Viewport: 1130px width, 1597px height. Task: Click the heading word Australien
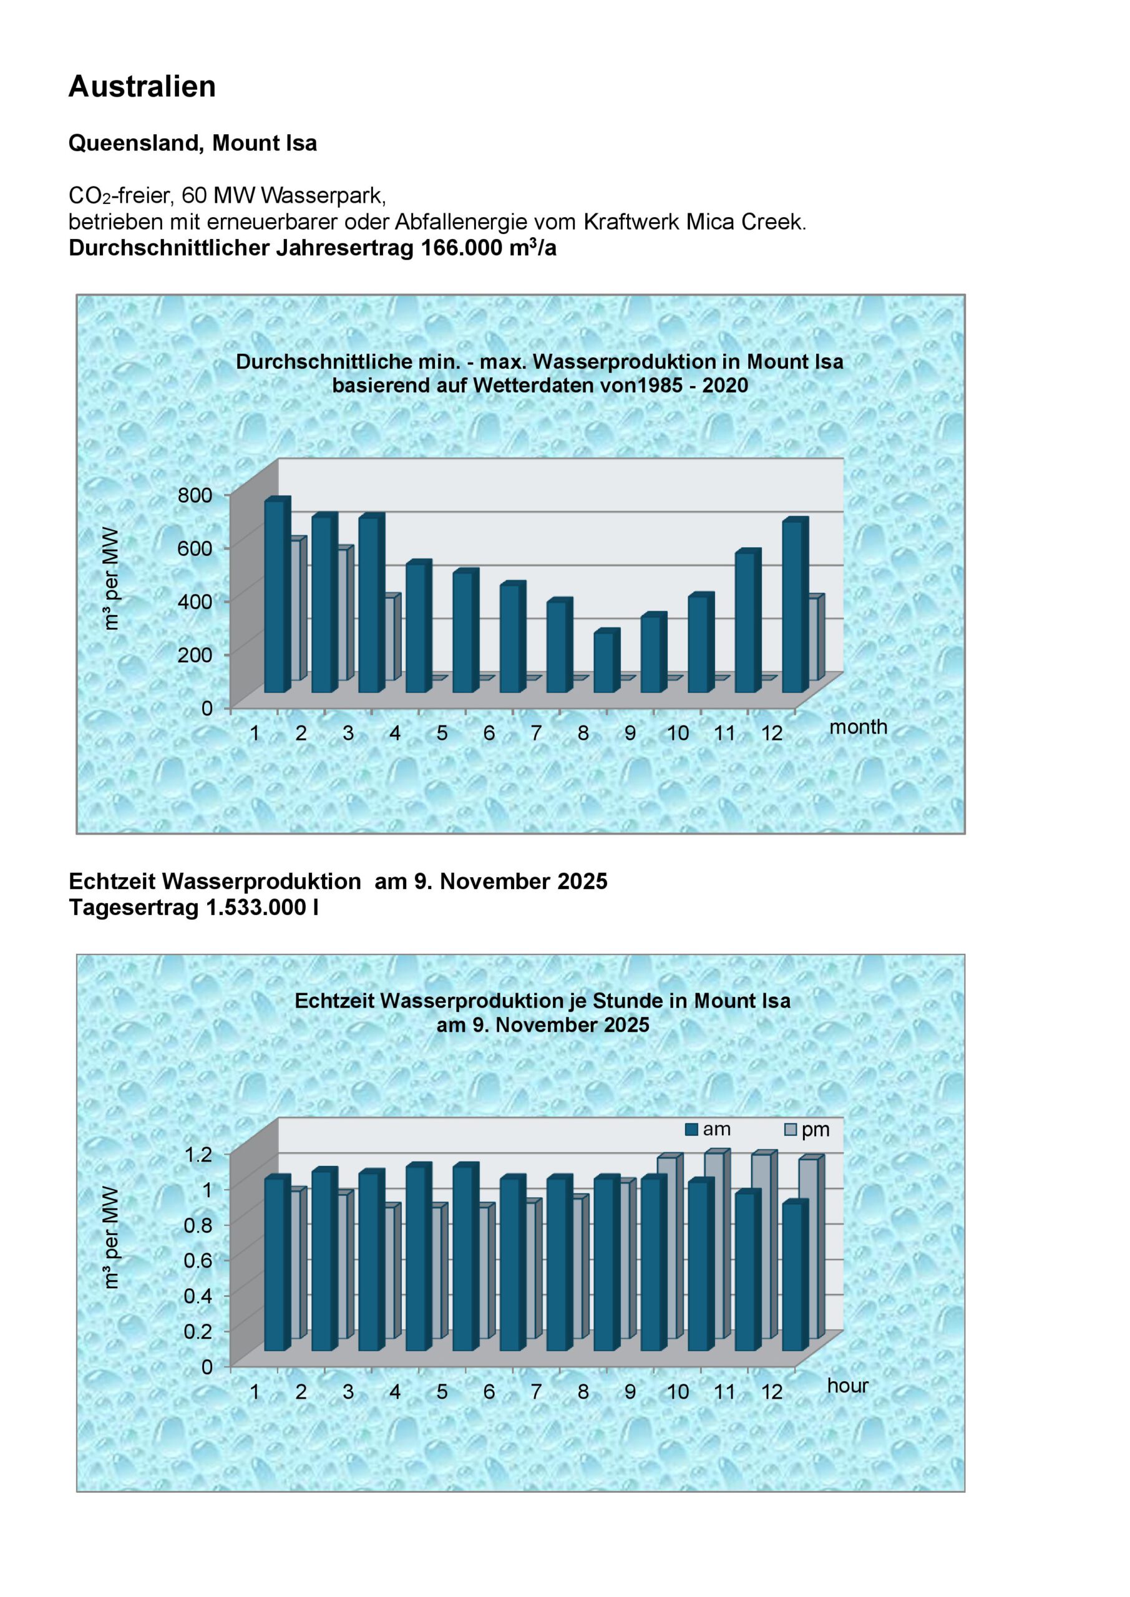142,87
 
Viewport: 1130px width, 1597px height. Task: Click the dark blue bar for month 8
604,662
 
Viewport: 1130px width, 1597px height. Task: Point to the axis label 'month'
858,727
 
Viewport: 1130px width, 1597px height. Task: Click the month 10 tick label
677,733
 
